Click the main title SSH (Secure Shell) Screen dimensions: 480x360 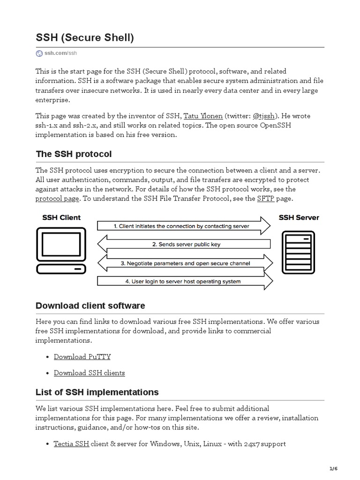[x=85, y=37]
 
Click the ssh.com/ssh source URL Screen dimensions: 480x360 [x=60, y=53]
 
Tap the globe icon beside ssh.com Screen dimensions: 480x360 [x=39, y=53]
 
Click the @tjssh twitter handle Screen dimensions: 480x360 [x=264, y=116]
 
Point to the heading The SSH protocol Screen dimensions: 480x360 [x=74, y=154]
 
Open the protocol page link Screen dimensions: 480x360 [x=57, y=198]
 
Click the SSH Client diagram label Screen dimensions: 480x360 [x=61, y=217]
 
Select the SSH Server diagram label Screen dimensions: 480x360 [x=299, y=217]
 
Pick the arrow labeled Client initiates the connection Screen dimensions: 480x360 [x=183, y=226]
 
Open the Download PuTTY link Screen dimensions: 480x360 [x=82, y=356]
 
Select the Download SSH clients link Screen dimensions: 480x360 [x=89, y=373]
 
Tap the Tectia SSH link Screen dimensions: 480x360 [x=71, y=443]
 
